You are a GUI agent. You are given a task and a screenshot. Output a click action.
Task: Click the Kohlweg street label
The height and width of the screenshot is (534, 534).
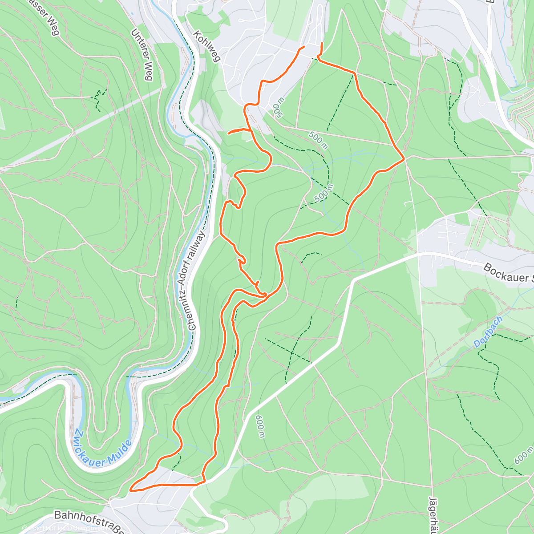click(x=207, y=46)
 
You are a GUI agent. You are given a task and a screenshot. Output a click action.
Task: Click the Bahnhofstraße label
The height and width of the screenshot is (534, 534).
click(x=89, y=516)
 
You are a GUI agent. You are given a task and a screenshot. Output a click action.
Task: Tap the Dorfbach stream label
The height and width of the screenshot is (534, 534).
click(x=488, y=332)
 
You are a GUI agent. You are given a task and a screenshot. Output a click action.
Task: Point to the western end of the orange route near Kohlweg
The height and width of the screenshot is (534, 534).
click(x=304, y=46)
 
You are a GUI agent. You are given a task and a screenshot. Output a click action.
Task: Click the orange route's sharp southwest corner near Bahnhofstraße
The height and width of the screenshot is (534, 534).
click(x=131, y=491)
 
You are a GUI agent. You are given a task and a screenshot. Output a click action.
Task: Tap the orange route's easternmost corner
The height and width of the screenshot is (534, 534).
click(x=404, y=158)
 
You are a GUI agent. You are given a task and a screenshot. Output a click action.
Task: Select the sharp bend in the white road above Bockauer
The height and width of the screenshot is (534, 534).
click(x=354, y=281)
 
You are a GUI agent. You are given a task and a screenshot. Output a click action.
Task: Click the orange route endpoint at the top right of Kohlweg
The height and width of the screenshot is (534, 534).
click(x=322, y=43)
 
